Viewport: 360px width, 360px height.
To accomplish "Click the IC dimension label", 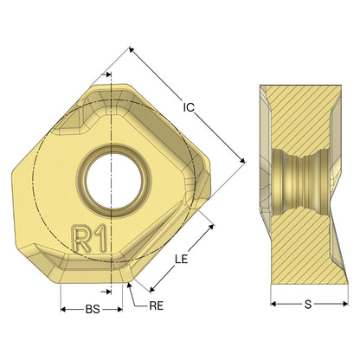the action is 189,107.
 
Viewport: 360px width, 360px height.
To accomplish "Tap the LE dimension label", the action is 181,259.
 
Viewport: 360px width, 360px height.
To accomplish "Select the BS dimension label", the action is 93,310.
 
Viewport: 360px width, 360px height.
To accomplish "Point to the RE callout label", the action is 157,306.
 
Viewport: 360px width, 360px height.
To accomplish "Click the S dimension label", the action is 308,304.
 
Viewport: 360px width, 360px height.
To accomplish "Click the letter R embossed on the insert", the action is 80,239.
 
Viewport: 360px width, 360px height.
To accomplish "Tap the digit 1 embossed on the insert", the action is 100,238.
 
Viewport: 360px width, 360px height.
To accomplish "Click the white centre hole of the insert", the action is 113,181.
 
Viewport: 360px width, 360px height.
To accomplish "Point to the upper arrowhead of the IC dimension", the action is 132,50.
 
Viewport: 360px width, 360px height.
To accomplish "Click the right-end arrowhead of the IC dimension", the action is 242,160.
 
